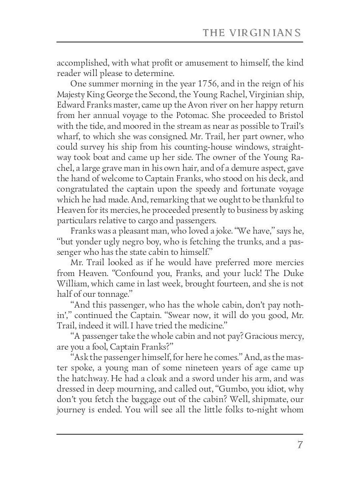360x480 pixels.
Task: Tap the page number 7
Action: pos(299,445)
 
